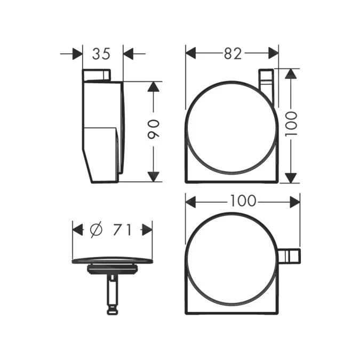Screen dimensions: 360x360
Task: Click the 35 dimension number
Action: (102, 54)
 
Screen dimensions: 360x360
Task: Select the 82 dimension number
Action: (232, 54)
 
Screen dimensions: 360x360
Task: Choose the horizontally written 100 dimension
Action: (243, 201)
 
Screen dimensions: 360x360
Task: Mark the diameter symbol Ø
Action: (95, 230)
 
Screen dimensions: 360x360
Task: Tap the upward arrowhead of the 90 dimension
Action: (154, 87)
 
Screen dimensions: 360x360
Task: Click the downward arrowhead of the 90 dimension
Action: (154, 176)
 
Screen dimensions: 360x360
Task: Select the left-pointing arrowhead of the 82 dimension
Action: (191, 53)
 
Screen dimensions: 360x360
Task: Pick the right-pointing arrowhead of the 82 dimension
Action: (273, 53)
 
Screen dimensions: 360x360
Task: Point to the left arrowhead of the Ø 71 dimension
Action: (78, 230)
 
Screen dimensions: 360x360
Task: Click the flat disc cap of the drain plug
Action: (112, 261)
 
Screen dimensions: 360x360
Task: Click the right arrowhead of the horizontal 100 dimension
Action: (294, 201)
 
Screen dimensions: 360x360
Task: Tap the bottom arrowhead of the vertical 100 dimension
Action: (291, 177)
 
